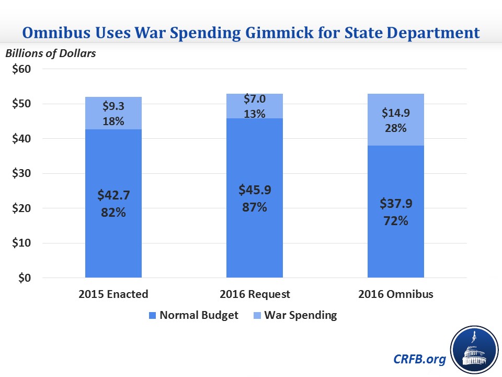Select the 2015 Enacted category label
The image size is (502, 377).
(113, 294)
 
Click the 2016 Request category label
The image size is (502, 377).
(254, 294)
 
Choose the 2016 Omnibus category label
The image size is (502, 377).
(396, 294)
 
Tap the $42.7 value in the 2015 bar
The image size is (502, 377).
(113, 195)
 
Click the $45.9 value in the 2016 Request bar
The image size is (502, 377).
(254, 189)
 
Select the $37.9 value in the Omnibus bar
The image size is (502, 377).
(396, 203)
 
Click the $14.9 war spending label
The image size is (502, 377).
(396, 112)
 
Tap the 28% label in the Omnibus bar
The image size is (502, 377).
(396, 127)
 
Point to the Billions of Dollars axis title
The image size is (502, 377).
(51, 53)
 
